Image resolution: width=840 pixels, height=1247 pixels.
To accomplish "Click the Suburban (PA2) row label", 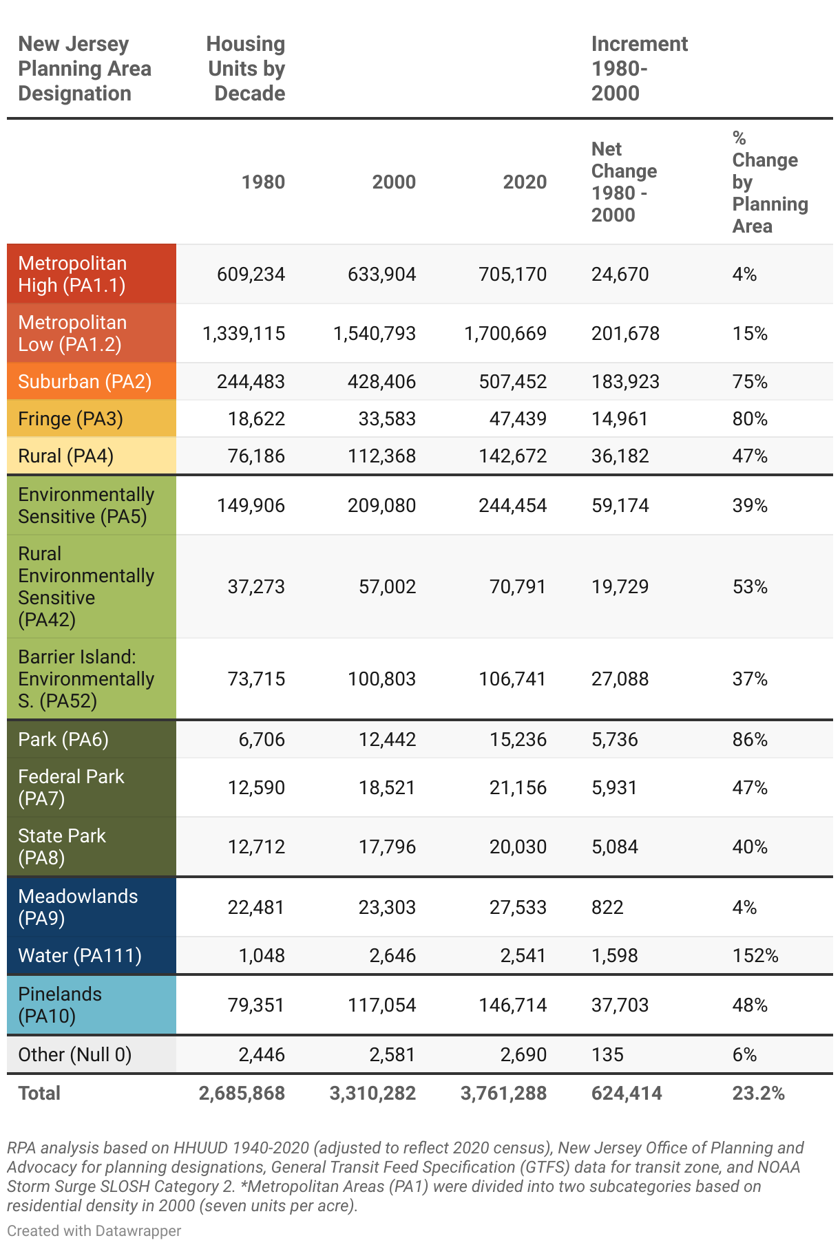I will (85, 381).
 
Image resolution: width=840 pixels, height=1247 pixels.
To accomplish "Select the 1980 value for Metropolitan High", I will (251, 274).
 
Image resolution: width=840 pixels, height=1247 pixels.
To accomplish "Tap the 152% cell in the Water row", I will (755, 955).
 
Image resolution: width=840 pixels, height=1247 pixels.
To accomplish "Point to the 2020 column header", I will (525, 182).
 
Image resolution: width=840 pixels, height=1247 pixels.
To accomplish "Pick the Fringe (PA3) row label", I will (70, 418).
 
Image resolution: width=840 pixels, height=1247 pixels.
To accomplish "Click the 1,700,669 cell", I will (505, 333).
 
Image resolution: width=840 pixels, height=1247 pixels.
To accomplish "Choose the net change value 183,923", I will (625, 381).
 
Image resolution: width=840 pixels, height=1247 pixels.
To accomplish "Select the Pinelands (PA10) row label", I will (60, 1005).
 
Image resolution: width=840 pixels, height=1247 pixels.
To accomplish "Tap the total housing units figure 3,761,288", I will (503, 1093).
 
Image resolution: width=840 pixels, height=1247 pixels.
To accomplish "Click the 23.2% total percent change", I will (758, 1093).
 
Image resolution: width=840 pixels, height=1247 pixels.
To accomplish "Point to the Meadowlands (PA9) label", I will (78, 907).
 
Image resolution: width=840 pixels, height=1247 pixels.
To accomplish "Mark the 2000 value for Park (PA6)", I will (387, 739).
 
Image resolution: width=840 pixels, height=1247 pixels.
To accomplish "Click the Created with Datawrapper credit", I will (94, 1230).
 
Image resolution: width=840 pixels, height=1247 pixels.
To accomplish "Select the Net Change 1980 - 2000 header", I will (624, 182).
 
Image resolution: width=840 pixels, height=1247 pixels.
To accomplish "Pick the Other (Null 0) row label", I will (74, 1054).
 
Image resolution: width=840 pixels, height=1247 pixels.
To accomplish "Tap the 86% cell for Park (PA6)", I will (750, 739).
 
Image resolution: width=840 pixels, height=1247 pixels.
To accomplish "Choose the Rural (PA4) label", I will (65, 456).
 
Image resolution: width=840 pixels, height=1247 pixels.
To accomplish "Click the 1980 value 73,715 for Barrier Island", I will (256, 679).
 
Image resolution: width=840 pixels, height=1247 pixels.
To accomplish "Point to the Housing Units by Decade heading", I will (246, 68).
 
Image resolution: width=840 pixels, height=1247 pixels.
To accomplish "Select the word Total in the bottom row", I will (39, 1093).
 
